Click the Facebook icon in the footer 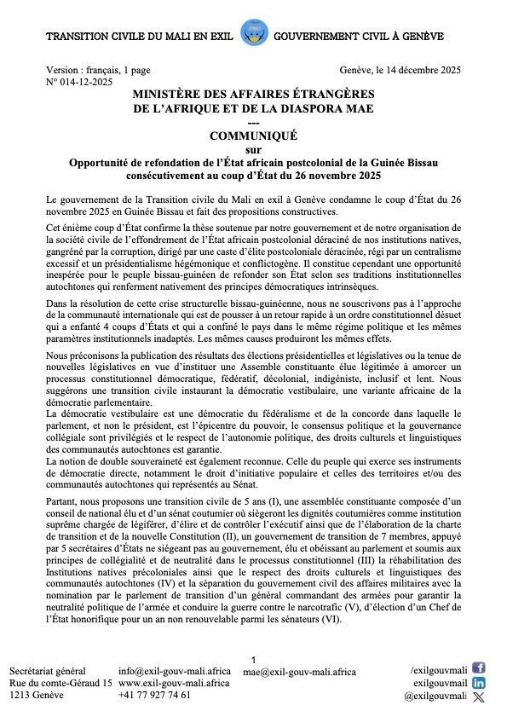(478, 668)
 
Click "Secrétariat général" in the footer (49, 670)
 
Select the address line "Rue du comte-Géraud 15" (60, 683)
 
